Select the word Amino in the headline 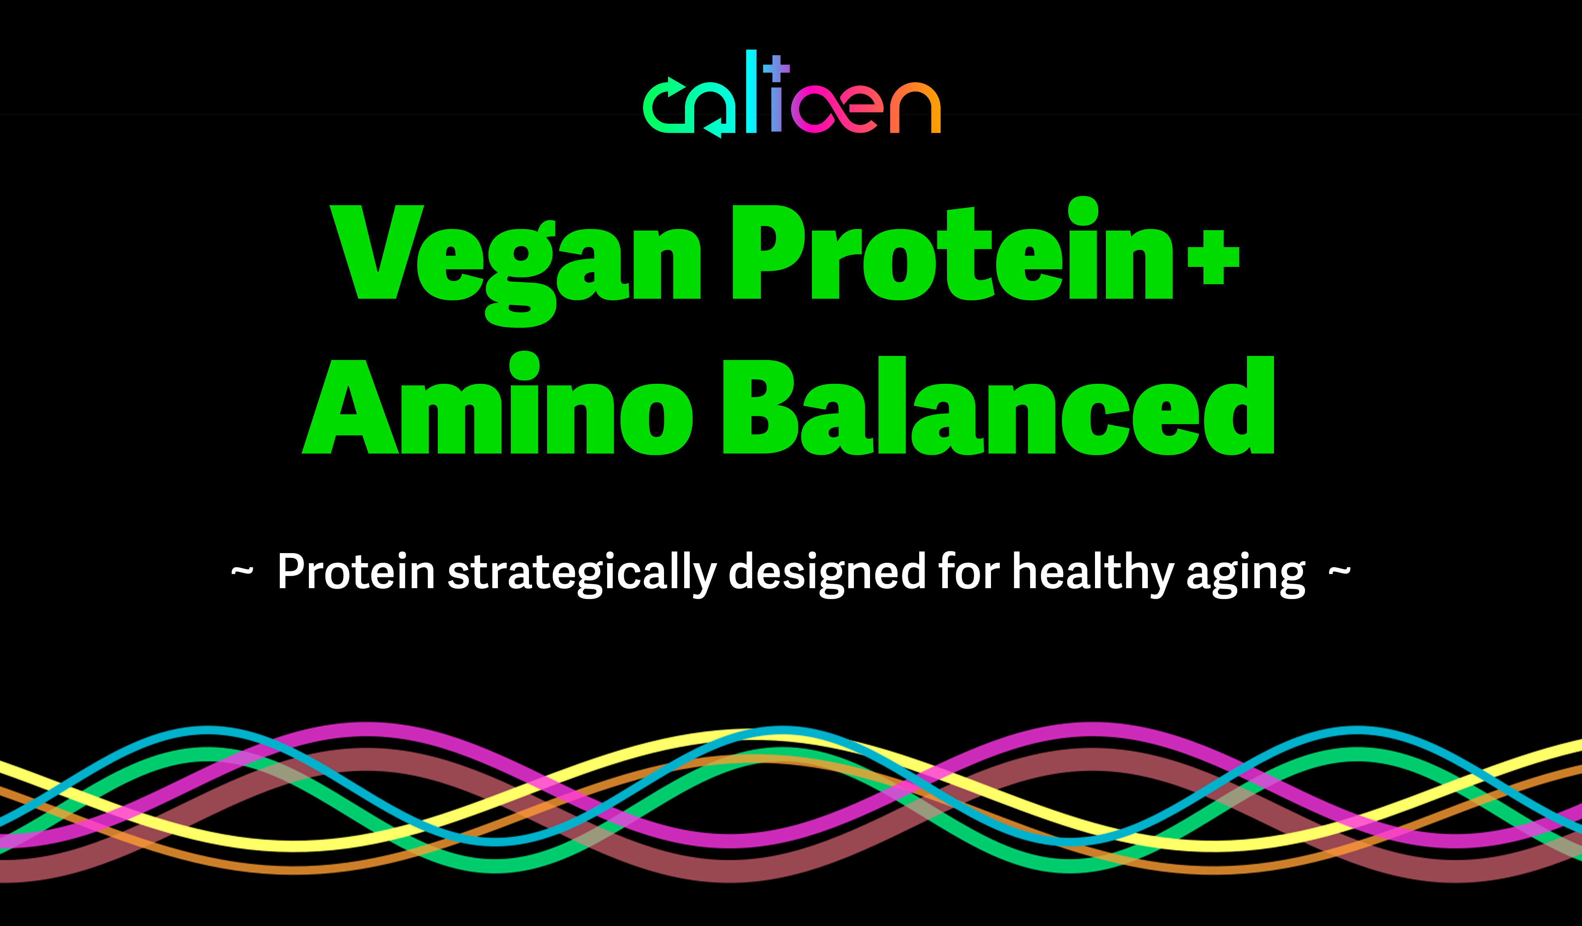(x=497, y=404)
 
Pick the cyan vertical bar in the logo (x=751, y=91)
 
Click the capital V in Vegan (x=377, y=252)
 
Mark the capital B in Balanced (x=760, y=407)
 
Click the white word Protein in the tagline (x=356, y=572)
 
